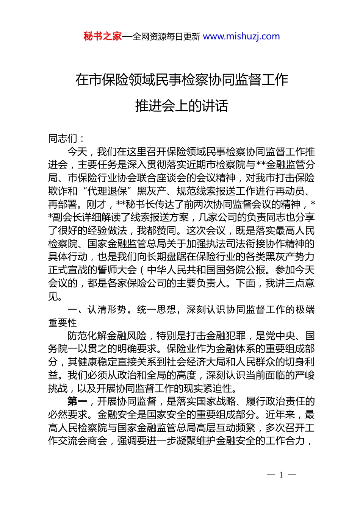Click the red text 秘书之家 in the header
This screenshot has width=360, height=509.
[103, 36]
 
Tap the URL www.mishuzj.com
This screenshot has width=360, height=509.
[241, 36]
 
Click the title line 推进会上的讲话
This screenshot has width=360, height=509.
[182, 106]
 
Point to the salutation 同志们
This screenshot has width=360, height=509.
[63, 139]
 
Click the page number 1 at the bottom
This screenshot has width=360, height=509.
[281, 475]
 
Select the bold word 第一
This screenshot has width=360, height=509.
[77, 401]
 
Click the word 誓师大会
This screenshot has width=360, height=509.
[117, 270]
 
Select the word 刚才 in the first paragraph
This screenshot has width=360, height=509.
[97, 205]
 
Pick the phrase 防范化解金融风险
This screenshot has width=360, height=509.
[107, 336]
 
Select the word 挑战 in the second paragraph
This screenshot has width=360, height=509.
[58, 389]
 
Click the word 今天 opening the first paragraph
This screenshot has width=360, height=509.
[77, 152]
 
